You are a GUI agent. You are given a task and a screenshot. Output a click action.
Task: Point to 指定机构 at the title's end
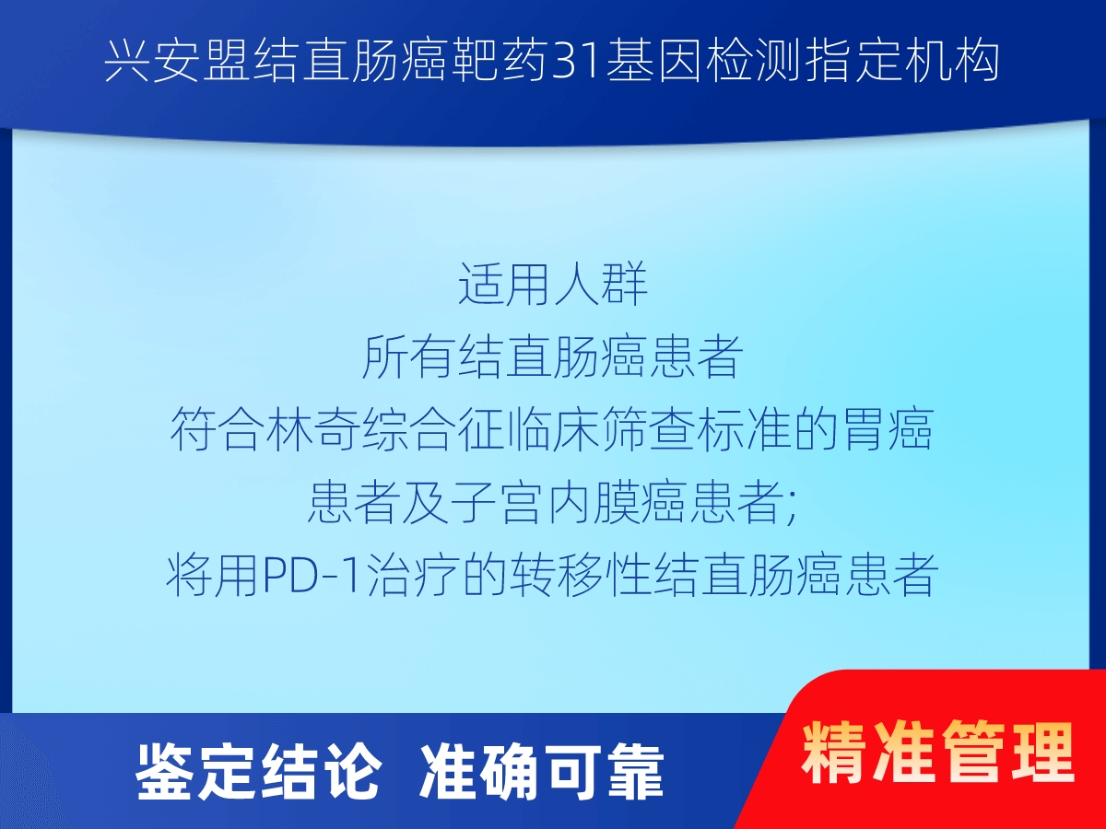tap(900, 62)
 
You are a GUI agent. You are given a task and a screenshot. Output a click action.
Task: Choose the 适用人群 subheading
tap(553, 285)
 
